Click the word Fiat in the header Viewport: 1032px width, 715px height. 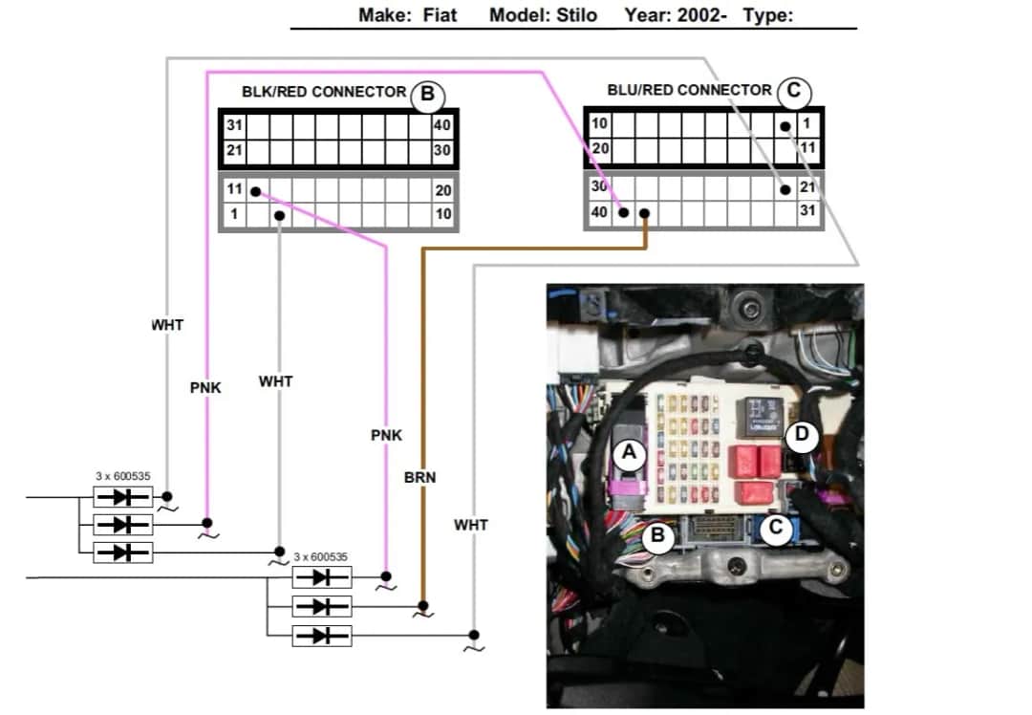[x=437, y=15]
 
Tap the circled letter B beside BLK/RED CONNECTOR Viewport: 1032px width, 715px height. [x=427, y=94]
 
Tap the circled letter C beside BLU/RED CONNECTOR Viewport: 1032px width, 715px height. [x=794, y=92]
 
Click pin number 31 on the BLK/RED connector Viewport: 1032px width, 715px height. [x=234, y=125]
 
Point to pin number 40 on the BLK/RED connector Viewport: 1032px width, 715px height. [x=442, y=125]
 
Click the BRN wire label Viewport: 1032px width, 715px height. [x=419, y=477]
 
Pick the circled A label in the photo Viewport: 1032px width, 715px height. [x=629, y=453]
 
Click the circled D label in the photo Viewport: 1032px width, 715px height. [x=802, y=436]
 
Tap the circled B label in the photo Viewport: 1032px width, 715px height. [x=657, y=536]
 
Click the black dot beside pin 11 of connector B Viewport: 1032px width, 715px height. [x=255, y=191]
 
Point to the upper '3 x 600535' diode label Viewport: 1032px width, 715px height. [x=122, y=475]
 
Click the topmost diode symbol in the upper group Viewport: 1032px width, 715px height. [x=122, y=497]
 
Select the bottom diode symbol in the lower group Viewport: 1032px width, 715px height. [x=322, y=635]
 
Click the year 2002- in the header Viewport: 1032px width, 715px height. [x=676, y=15]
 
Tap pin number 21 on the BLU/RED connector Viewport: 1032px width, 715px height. [x=807, y=188]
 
